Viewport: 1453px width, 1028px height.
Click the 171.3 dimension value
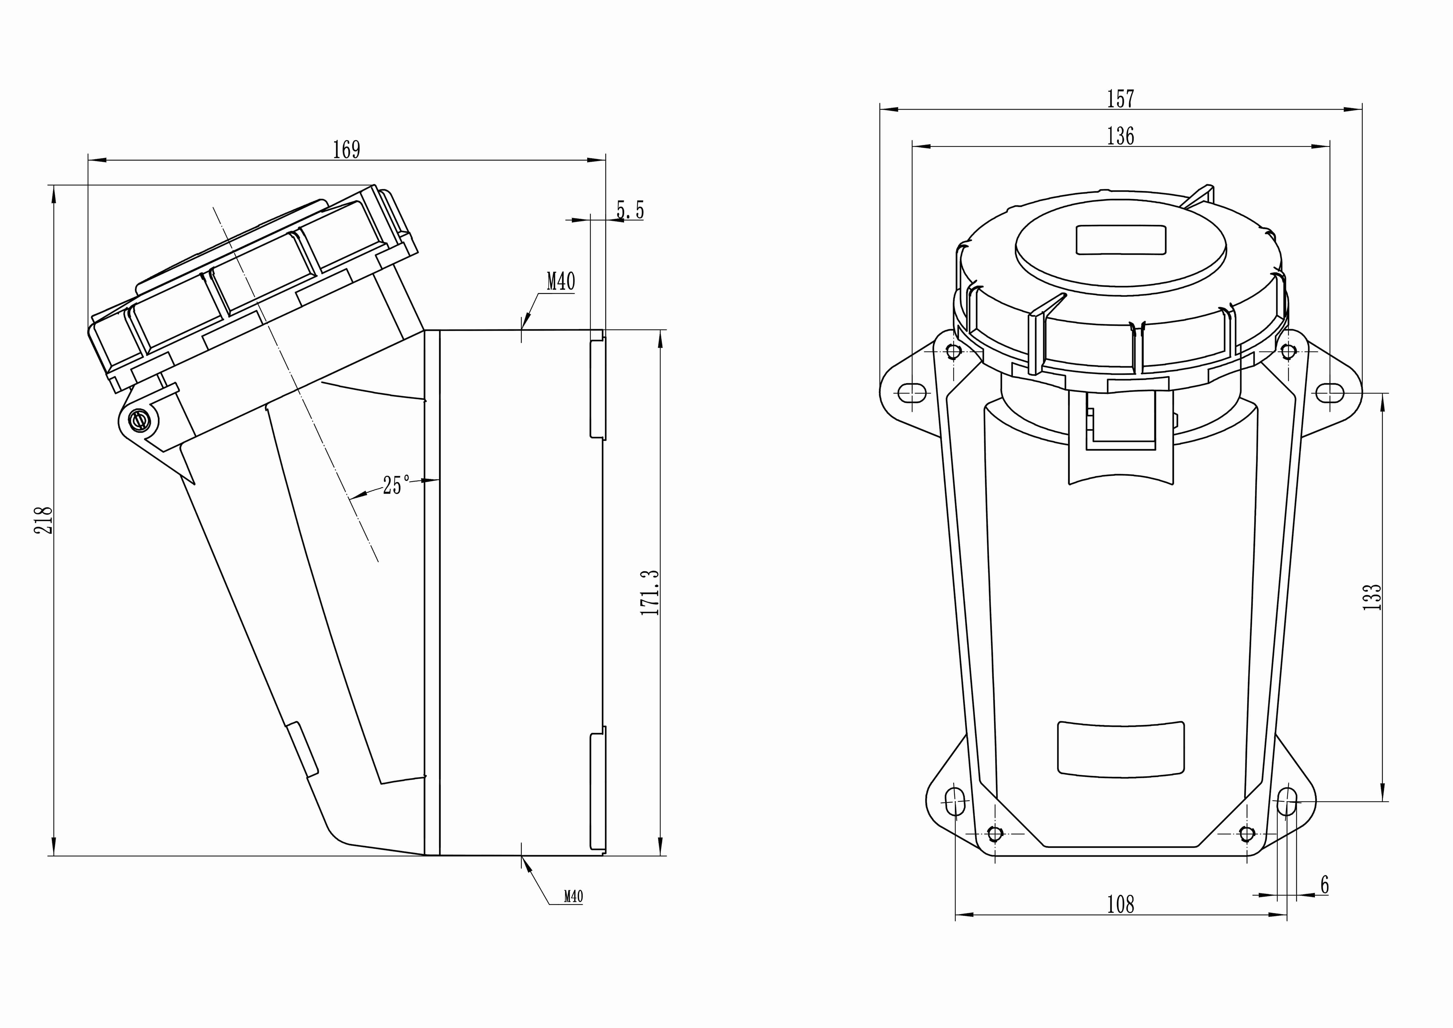point(650,592)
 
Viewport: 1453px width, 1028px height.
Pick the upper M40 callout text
point(561,281)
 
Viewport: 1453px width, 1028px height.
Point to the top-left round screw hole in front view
point(954,351)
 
